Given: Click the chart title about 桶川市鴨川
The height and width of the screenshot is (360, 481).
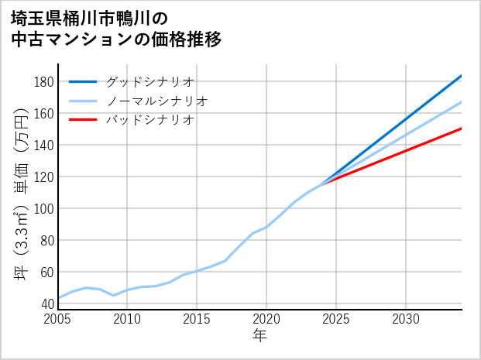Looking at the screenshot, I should (116, 28).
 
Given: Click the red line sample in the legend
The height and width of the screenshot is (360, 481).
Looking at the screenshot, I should (83, 120).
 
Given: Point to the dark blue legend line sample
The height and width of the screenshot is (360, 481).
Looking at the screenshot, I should (83, 81).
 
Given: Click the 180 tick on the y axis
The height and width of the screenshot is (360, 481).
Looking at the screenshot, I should (44, 82).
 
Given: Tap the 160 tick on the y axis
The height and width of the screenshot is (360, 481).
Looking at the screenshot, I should (44, 114).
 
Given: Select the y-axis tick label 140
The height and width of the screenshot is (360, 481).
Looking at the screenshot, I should (44, 146).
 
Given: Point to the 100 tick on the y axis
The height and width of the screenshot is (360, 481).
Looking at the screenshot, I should (44, 209).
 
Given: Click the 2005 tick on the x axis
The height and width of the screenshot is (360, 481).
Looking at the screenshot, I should (58, 319).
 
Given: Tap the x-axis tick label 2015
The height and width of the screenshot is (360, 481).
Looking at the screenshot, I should (198, 319).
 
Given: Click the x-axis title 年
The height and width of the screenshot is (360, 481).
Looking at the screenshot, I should (260, 337).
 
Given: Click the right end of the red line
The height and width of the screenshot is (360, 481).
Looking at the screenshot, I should (461, 129).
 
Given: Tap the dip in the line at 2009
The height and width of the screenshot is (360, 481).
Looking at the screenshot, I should (114, 295).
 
